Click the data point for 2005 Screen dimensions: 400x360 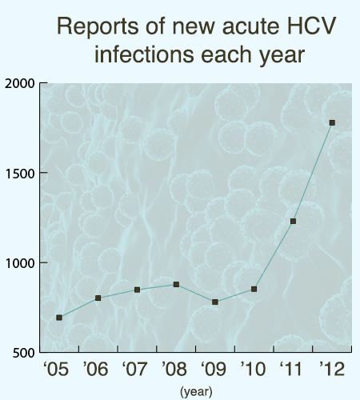(59, 318)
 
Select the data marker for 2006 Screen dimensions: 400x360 (98, 298)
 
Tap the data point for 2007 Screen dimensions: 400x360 (138, 290)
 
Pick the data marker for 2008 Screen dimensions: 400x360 (176, 284)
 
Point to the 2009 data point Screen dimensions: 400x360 (215, 302)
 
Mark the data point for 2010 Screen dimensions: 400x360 (254, 289)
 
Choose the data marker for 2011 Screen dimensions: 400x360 (293, 221)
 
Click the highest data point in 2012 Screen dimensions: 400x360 (332, 122)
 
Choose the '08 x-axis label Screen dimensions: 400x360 (175, 370)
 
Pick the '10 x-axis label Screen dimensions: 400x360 (253, 370)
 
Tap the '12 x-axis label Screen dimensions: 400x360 (331, 370)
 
